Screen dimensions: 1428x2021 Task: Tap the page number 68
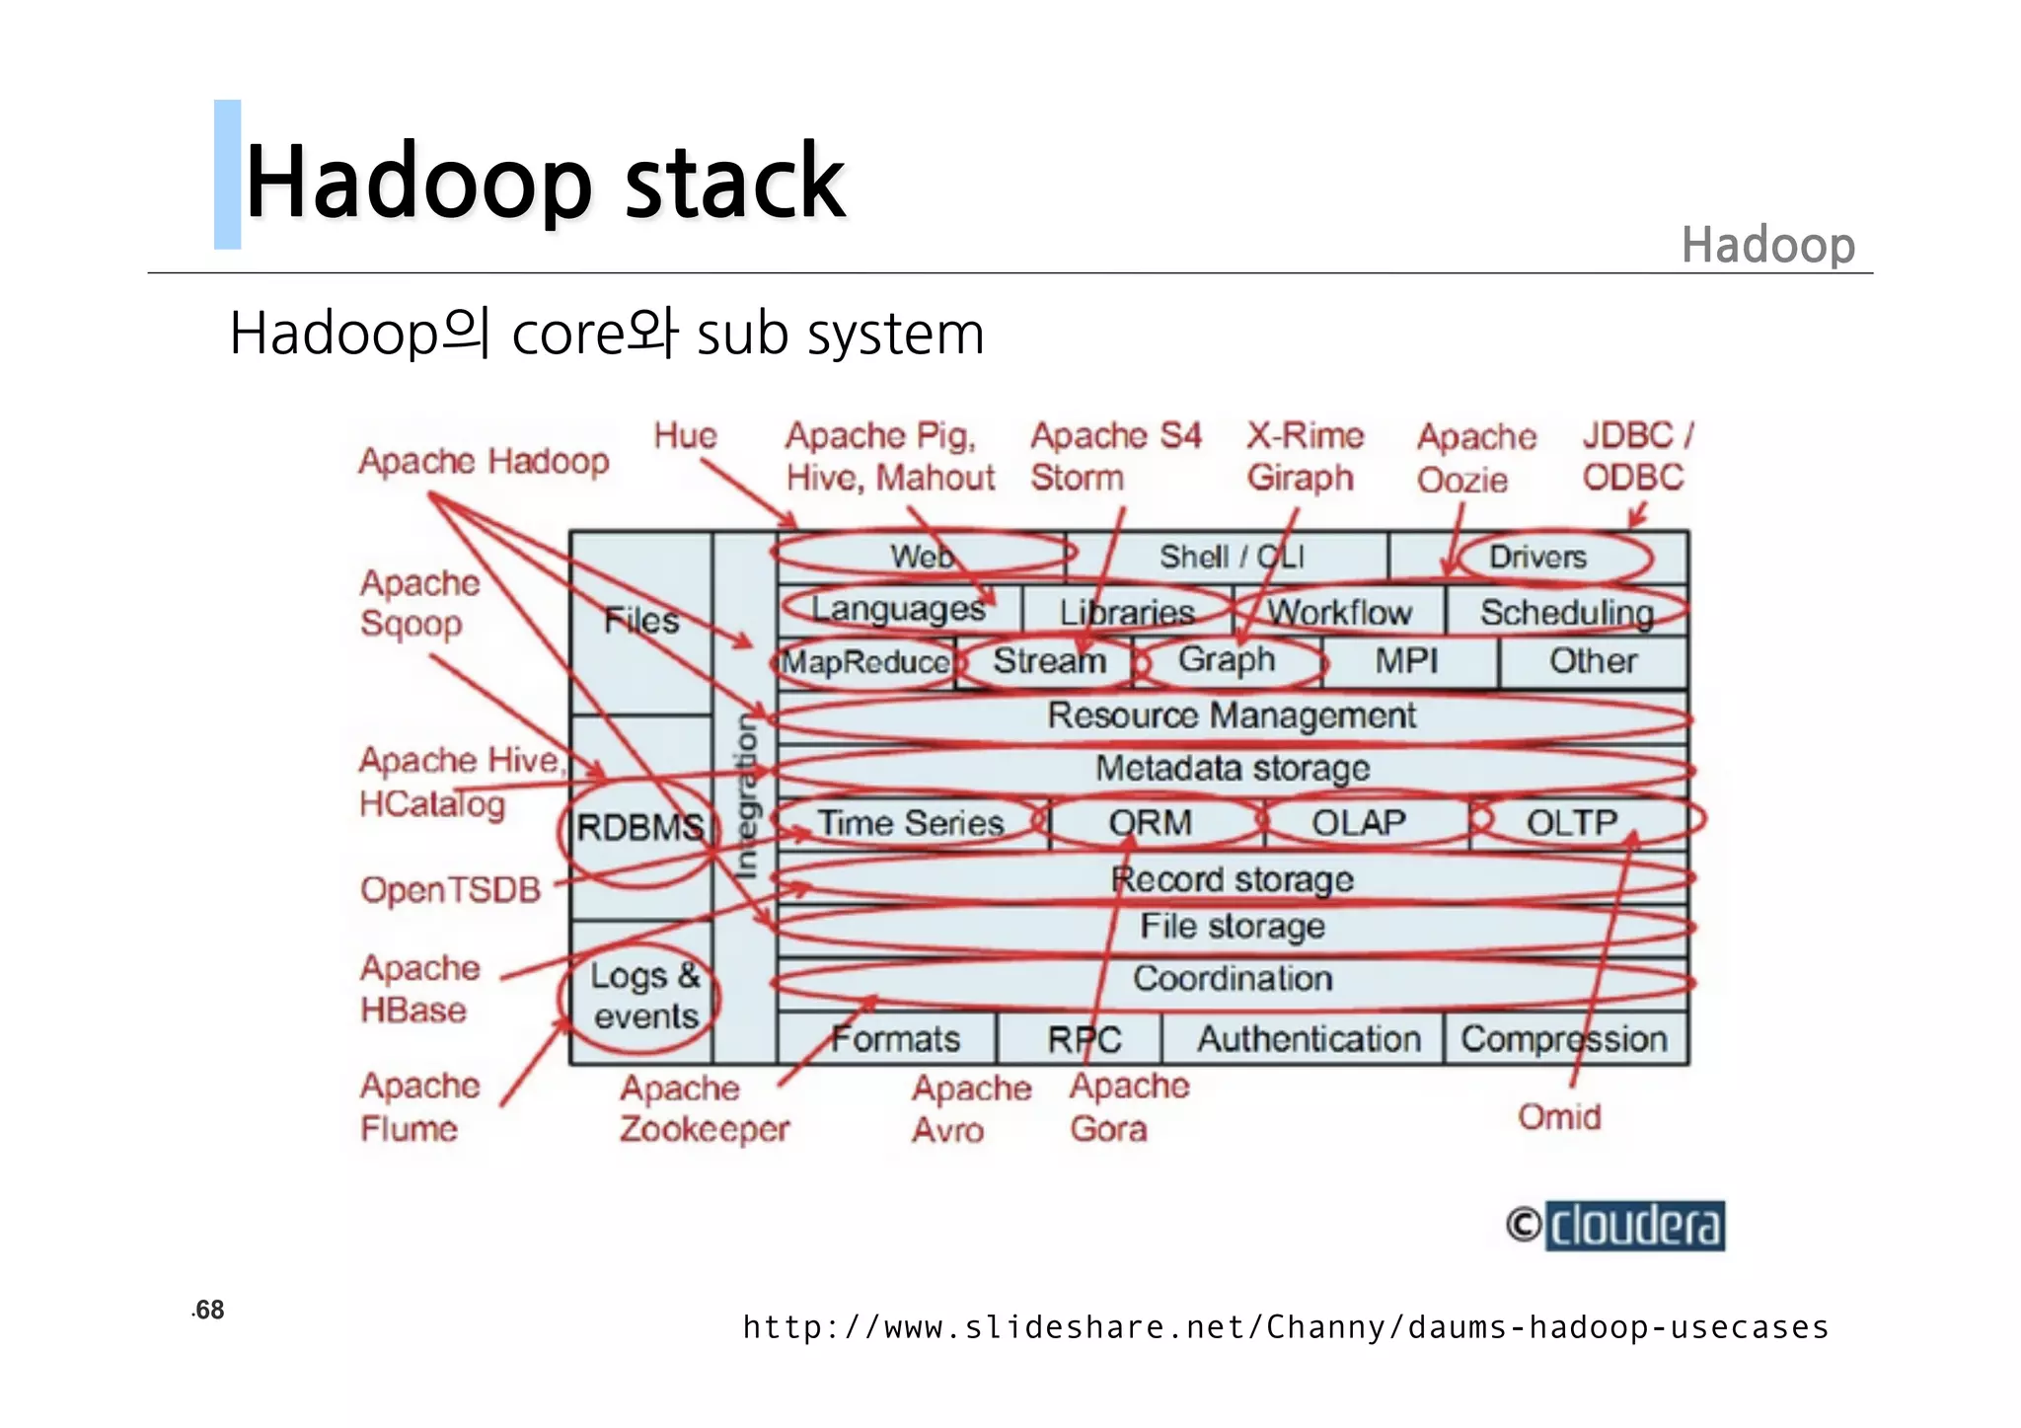coord(209,1310)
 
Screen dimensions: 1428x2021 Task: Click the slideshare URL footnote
coord(1285,1327)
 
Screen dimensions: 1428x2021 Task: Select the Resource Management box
coord(1231,715)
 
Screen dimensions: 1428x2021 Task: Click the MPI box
coord(1406,661)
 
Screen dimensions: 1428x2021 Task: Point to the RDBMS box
coord(639,827)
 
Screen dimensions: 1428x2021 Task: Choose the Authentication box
coord(1308,1039)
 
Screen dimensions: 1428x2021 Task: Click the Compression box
coord(1564,1039)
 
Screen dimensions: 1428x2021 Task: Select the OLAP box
coord(1358,823)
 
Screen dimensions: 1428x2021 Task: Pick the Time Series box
coord(910,823)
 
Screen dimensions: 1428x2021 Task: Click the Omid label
coord(1558,1117)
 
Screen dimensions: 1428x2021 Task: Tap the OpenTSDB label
coord(450,890)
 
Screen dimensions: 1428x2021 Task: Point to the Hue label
coord(685,435)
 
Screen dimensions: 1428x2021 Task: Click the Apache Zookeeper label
coord(704,1108)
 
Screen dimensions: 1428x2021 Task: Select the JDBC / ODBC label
coord(1636,456)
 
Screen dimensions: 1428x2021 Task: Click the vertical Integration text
coord(747,795)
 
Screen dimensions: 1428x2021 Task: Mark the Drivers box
coord(1537,558)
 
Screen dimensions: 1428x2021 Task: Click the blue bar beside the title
coord(227,175)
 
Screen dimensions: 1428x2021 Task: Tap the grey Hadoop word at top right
coord(1767,245)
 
